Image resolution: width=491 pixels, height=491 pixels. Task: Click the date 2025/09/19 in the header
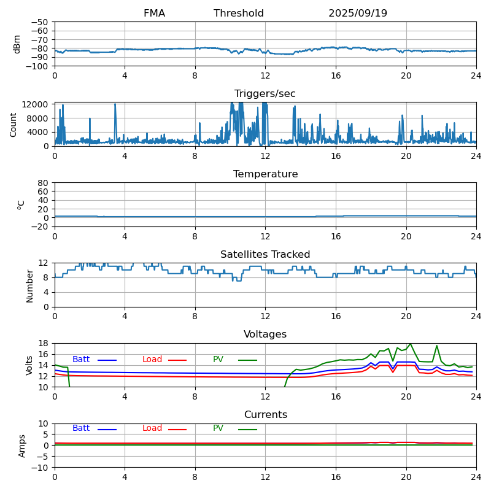(x=358, y=14)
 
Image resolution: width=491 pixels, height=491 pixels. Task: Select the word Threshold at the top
(x=239, y=14)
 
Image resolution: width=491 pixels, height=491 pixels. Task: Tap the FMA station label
(x=154, y=14)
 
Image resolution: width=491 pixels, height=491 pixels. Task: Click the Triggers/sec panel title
(x=265, y=94)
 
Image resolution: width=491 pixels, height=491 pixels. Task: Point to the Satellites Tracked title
(x=265, y=255)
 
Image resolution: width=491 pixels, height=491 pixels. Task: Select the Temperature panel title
(x=265, y=174)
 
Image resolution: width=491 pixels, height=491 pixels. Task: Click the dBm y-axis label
(x=17, y=44)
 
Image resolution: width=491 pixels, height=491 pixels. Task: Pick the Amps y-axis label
(x=22, y=446)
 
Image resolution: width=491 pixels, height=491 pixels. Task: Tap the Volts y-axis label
(x=29, y=365)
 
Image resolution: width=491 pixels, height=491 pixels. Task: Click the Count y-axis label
(x=14, y=124)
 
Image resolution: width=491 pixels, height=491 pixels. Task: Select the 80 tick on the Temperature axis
(x=44, y=183)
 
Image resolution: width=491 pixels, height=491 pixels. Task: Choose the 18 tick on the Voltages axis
(x=44, y=344)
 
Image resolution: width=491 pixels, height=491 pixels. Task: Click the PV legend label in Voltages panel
(x=218, y=360)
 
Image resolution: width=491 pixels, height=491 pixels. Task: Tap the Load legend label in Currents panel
(x=152, y=428)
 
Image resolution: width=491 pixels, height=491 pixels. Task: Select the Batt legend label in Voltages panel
(x=81, y=360)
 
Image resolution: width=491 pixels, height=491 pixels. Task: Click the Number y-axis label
(x=29, y=285)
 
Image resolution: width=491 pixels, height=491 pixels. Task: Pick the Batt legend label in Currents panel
(x=81, y=428)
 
